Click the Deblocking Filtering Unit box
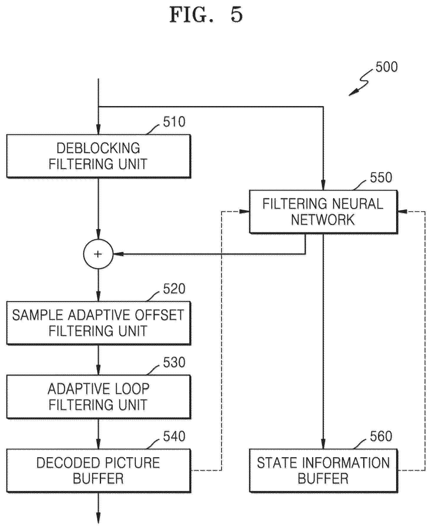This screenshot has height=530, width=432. (x=98, y=156)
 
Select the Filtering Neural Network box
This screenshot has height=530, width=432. (x=323, y=212)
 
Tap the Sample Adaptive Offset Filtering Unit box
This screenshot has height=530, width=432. (x=98, y=323)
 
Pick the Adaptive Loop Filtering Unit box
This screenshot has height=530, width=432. (x=98, y=397)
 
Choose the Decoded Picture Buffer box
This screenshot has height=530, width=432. (x=98, y=470)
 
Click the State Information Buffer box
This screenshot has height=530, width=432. (x=323, y=470)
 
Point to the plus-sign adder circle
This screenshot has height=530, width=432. (x=98, y=254)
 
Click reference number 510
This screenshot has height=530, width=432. (x=174, y=122)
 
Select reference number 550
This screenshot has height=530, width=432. (x=381, y=177)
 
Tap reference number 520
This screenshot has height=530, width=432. (x=174, y=289)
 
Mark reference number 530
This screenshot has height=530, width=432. (x=174, y=362)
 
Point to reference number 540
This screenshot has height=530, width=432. (x=174, y=436)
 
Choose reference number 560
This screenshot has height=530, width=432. (x=381, y=436)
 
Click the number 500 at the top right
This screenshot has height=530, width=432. (x=386, y=67)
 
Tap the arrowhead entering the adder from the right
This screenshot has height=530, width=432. (x=118, y=254)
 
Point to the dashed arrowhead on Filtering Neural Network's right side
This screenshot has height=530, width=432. (x=403, y=212)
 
